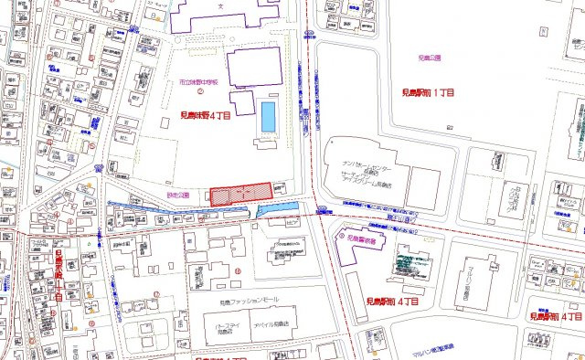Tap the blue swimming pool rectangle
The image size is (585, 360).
268,116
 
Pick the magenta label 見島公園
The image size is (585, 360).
429,58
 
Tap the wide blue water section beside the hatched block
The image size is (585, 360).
278,213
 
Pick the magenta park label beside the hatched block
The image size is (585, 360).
189,195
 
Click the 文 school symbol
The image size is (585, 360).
220,5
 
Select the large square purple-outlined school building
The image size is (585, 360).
254,69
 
